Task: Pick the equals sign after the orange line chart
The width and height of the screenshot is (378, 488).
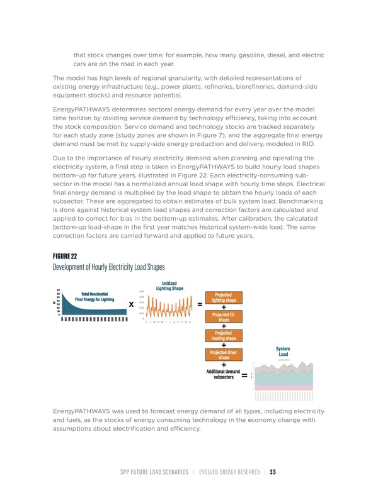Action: [x=200, y=305]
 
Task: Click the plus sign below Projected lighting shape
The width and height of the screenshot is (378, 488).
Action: [x=224, y=308]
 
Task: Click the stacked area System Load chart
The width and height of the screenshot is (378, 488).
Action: [x=283, y=377]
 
